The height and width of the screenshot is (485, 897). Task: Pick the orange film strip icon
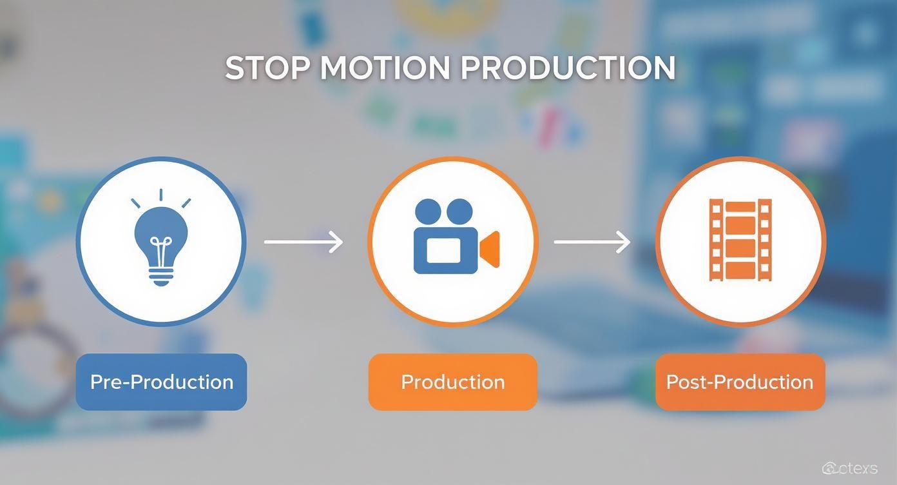(x=740, y=240)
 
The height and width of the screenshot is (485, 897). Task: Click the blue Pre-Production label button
(x=161, y=382)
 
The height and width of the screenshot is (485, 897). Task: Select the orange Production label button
(x=452, y=382)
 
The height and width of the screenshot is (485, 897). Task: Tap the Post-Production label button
(x=740, y=382)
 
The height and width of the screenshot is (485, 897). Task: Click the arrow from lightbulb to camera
(x=304, y=243)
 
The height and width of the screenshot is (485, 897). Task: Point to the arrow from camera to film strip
(x=592, y=243)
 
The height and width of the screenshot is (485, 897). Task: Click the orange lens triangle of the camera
(x=491, y=248)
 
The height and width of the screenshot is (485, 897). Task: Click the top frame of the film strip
(x=740, y=208)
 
